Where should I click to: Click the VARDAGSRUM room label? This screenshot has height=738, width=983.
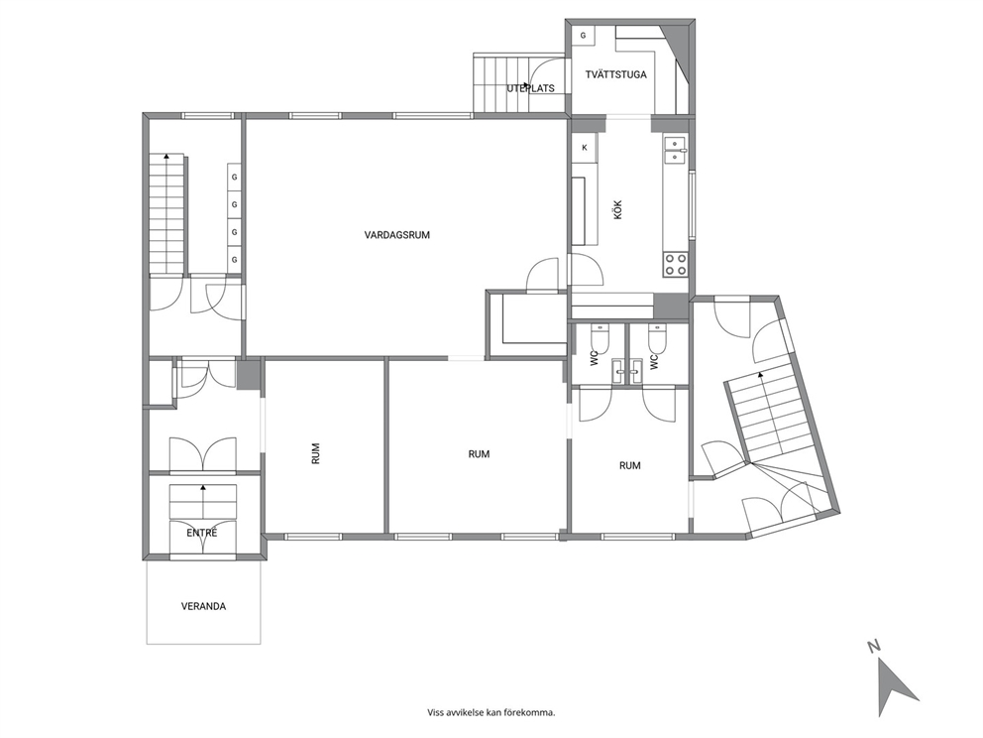[396, 235]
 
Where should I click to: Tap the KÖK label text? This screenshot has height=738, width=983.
[618, 209]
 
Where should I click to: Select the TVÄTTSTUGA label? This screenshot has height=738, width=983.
[615, 74]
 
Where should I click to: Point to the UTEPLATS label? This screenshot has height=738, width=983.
[530, 88]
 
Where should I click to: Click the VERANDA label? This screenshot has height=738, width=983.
[203, 607]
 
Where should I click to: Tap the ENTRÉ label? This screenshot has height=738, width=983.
[202, 533]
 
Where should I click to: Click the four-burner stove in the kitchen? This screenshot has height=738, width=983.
[675, 264]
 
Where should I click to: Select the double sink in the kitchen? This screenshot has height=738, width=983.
[675, 150]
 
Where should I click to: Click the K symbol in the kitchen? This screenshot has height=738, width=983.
[585, 148]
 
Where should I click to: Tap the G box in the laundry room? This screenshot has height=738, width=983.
[583, 36]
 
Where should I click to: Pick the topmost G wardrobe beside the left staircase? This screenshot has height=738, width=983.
[235, 178]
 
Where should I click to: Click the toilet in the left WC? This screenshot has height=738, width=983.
[600, 339]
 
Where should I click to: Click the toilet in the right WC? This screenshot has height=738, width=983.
[657, 339]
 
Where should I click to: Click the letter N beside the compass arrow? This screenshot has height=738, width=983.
[873, 646]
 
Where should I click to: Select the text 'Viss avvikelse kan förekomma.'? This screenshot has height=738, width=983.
[491, 712]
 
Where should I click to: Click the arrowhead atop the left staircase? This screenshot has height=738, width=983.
[166, 155]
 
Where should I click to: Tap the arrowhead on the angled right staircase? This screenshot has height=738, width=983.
[760, 375]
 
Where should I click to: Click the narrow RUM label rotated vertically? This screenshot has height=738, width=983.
[315, 453]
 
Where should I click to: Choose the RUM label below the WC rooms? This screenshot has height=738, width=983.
[629, 465]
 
